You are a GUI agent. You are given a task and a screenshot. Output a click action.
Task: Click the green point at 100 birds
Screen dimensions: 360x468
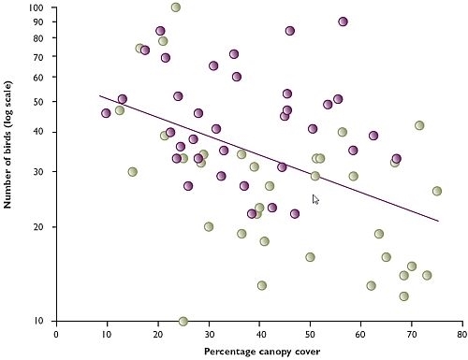[x=176, y=7]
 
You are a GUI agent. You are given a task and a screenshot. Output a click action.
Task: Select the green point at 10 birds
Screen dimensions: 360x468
[x=183, y=322]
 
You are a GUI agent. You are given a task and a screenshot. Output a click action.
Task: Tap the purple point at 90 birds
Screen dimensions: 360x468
[x=344, y=22]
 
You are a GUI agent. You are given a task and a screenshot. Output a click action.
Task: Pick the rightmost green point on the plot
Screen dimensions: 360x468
[x=437, y=191]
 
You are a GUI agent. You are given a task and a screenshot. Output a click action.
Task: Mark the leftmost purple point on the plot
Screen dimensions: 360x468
[x=106, y=113]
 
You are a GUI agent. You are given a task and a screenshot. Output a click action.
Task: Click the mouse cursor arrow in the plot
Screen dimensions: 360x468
[x=315, y=199]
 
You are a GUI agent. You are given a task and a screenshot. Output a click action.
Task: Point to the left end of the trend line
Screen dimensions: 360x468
[x=99, y=95]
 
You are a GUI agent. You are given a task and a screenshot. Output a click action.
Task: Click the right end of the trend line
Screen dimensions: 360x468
[x=438, y=222]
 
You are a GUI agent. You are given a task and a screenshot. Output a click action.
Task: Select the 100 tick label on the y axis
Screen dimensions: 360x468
[x=37, y=7]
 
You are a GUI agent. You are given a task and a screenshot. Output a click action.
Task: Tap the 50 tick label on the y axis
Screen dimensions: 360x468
[x=39, y=101]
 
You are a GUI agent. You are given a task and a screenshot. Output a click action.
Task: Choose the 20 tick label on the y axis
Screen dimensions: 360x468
[x=39, y=226]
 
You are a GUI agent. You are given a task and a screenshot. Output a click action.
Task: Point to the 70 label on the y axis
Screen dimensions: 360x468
[x=39, y=56]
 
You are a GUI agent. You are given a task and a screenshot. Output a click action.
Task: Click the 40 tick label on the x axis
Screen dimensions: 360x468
[x=259, y=332]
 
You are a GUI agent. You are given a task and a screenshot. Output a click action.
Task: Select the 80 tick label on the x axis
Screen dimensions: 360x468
[x=462, y=332]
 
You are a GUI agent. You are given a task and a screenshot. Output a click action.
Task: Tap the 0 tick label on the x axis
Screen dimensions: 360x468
[x=56, y=332]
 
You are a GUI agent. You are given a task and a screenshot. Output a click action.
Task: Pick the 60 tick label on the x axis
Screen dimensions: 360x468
[x=361, y=332]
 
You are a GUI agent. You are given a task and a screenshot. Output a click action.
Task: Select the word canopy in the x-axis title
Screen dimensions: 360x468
[x=278, y=352]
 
